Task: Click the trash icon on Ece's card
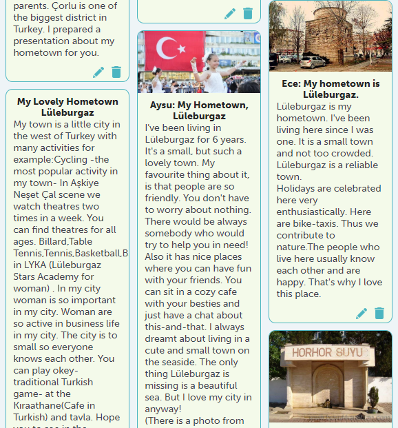[379, 314]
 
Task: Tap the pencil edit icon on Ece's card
[362, 314]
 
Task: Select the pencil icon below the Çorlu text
[98, 72]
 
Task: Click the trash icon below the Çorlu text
[116, 72]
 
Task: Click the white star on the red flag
[182, 49]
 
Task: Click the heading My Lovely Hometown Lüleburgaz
[67, 107]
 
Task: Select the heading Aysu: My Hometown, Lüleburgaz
[199, 111]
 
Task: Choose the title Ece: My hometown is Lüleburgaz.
[331, 89]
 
